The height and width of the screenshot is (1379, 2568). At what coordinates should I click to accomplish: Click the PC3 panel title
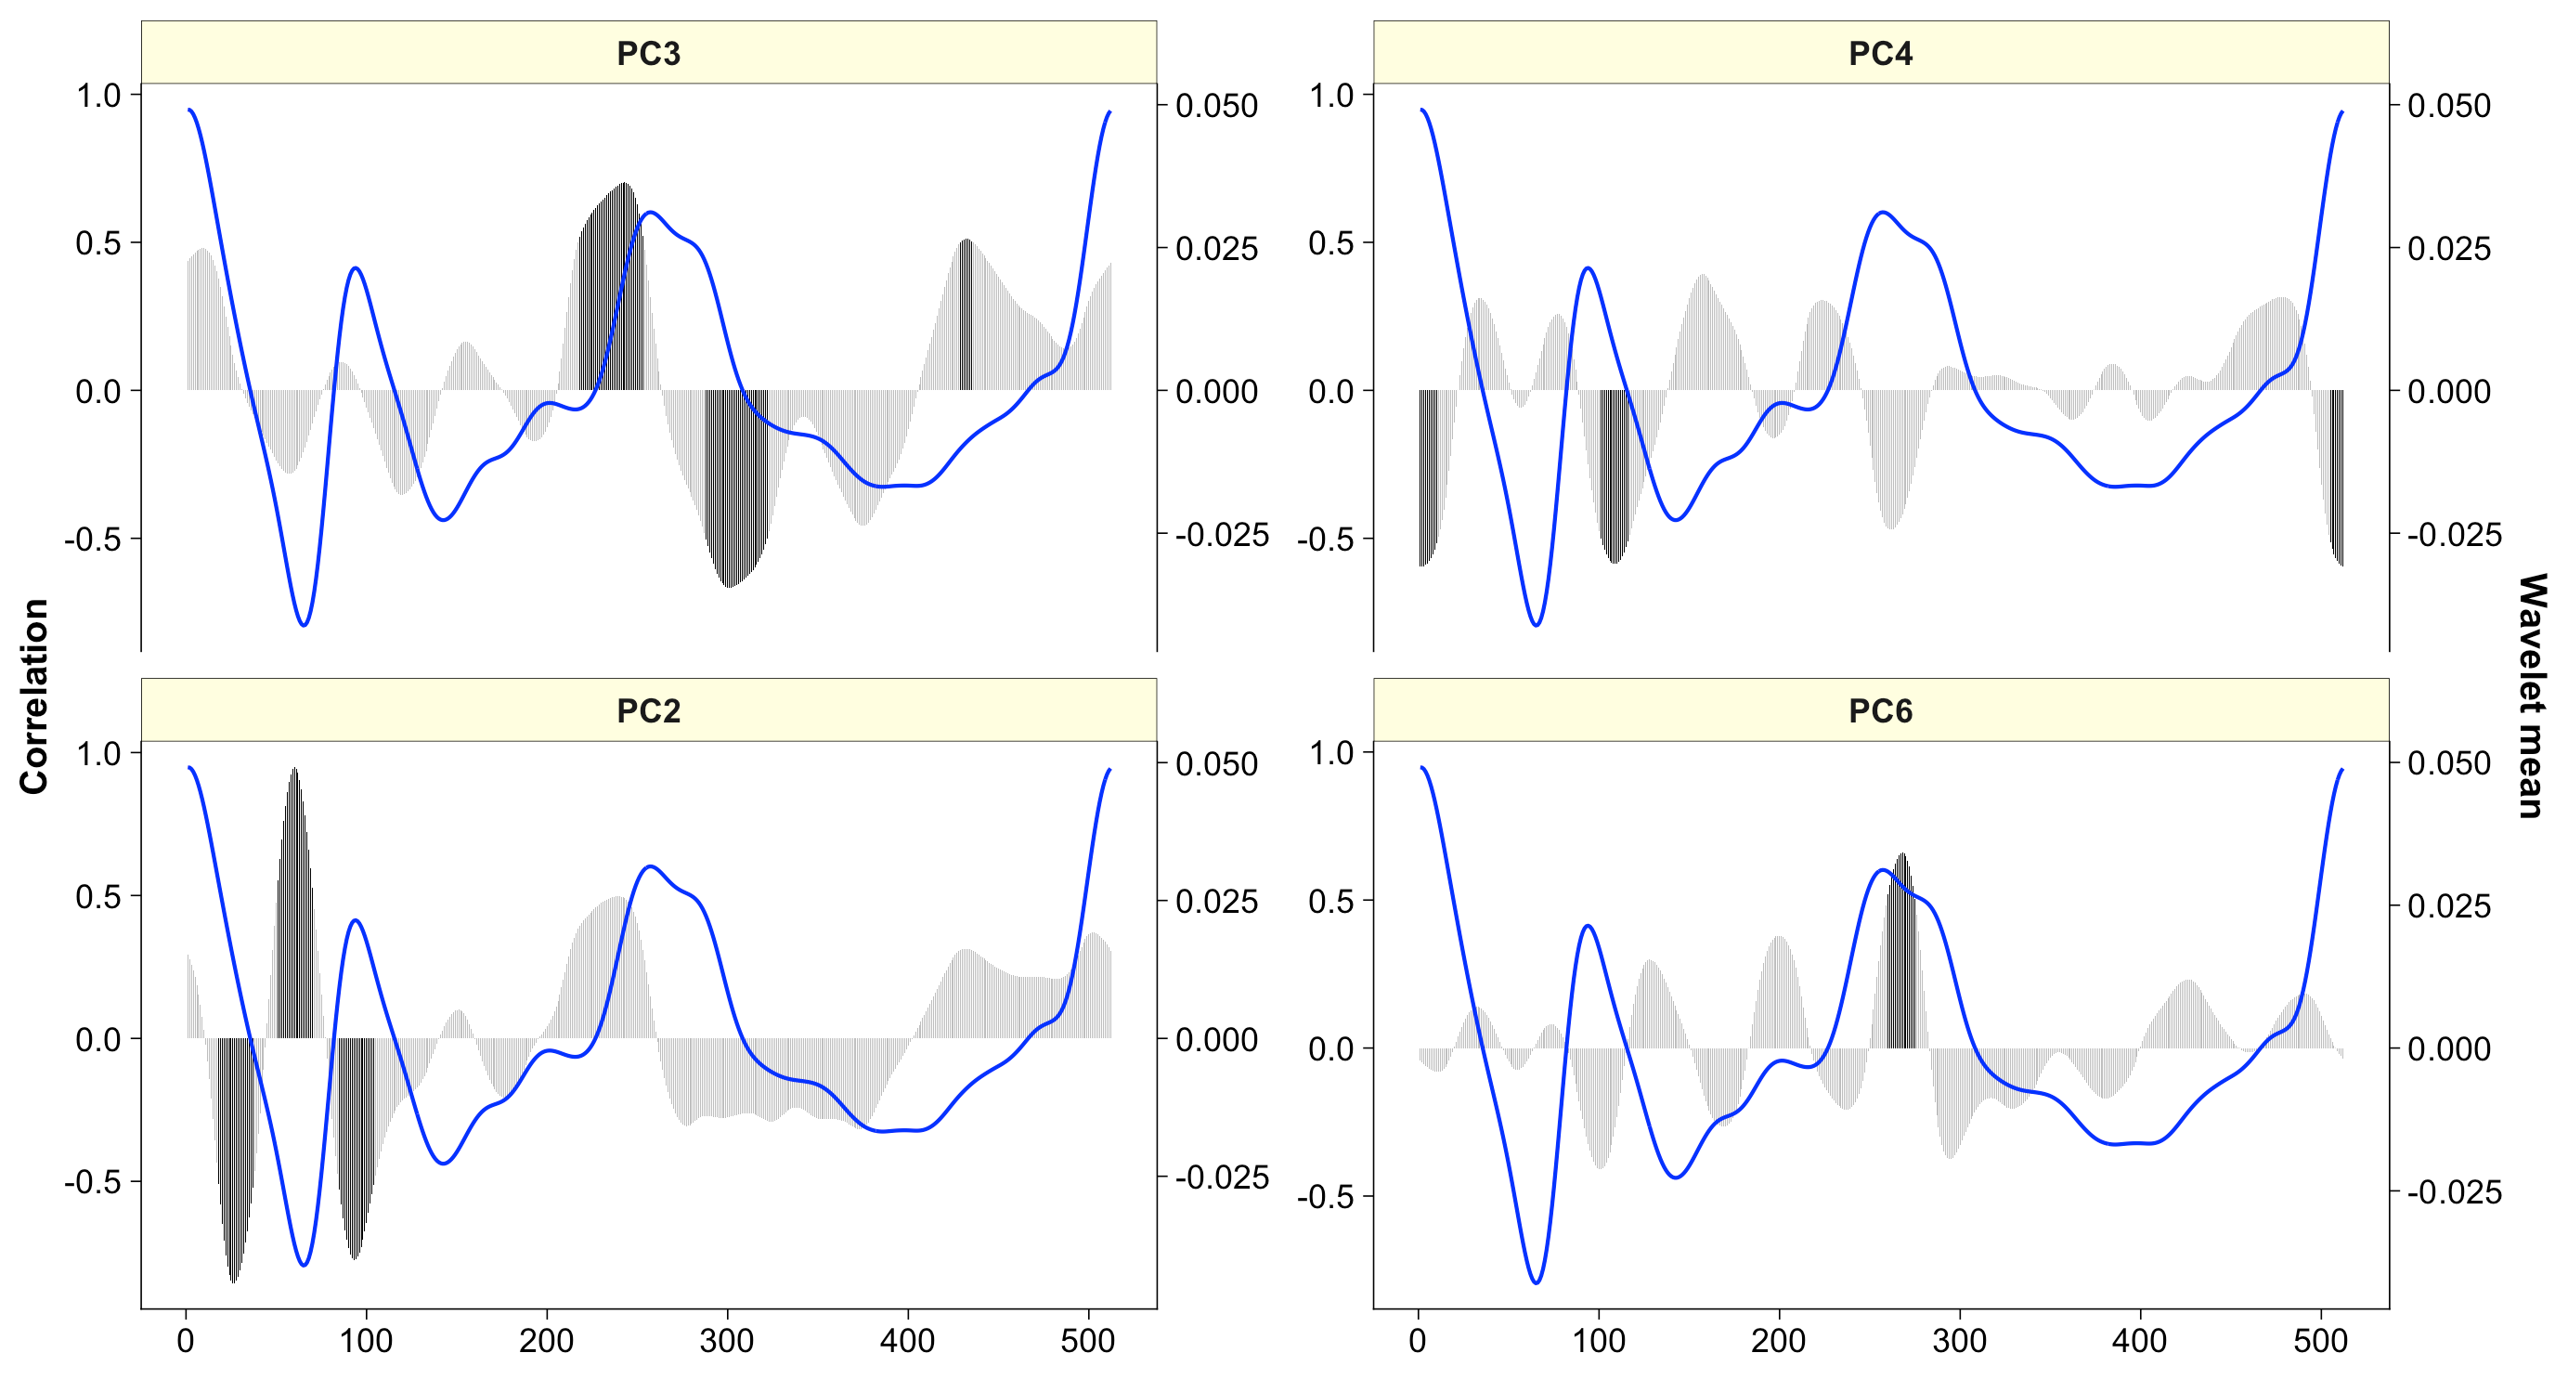point(648,53)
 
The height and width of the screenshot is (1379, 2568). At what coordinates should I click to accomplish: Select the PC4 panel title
point(1880,53)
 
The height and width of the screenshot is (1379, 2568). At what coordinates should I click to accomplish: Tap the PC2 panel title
point(648,711)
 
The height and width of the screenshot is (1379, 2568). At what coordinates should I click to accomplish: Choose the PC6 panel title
point(1880,711)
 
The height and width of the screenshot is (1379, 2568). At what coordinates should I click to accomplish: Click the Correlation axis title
point(34,696)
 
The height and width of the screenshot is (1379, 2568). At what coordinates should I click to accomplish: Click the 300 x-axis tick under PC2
point(727,1341)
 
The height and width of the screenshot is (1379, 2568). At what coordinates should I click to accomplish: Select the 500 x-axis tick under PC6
point(2320,1341)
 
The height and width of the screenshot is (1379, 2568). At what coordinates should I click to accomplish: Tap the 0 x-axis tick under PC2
point(187,1341)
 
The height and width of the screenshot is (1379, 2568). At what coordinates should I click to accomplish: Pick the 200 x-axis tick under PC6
point(1779,1341)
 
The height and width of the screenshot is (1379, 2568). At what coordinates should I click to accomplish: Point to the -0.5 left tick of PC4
point(1325,540)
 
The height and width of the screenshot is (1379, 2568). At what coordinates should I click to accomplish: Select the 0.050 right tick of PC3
point(1216,106)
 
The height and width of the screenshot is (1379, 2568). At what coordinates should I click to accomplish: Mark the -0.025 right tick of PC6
point(2454,1191)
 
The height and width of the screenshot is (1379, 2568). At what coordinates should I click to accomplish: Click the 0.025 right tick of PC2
point(1216,902)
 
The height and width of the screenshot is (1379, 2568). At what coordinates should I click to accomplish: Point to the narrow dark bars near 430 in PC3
point(965,314)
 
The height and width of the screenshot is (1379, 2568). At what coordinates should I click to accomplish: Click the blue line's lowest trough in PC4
point(1537,624)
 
